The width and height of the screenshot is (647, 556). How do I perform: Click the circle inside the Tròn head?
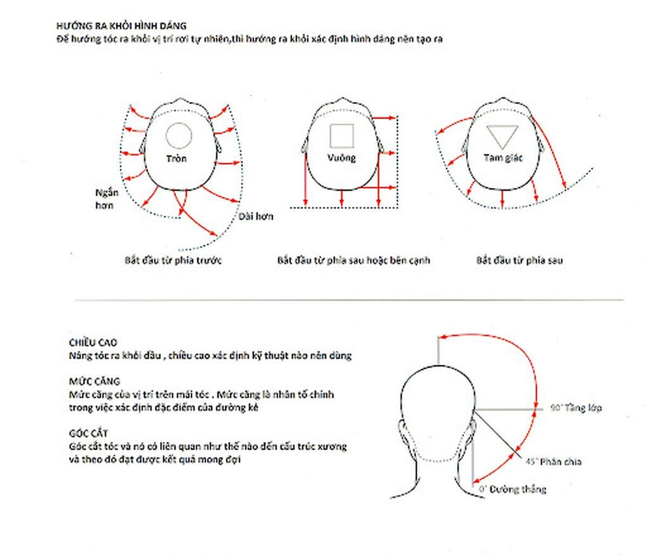point(178,135)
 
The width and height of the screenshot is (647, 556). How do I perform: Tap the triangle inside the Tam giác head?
point(502,135)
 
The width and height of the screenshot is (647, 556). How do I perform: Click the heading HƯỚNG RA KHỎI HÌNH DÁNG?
point(121,25)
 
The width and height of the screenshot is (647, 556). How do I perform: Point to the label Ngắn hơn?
point(106,199)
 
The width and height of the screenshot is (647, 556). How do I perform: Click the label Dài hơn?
point(256,216)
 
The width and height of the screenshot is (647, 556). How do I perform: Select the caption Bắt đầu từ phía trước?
point(173,260)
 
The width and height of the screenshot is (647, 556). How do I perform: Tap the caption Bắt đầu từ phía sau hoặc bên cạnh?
point(354,260)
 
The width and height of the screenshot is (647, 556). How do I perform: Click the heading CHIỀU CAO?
point(93,342)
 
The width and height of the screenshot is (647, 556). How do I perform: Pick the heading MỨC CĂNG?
point(94,381)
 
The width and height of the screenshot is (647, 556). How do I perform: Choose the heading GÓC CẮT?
point(88,434)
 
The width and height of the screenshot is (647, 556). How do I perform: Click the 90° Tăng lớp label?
point(576,408)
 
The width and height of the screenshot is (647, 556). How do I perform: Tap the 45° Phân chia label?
point(553,462)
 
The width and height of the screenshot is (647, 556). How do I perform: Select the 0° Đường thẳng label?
point(513,489)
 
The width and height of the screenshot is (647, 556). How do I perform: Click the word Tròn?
point(176,159)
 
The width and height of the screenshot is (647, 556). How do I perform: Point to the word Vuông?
point(342,158)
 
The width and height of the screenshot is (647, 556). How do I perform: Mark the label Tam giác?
point(503,158)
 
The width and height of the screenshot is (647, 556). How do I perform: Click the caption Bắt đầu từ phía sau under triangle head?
point(519,260)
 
